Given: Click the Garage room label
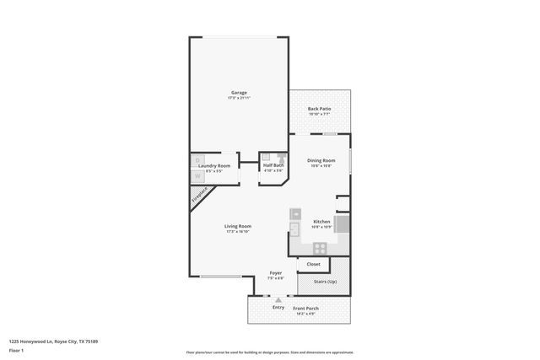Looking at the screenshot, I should click(239, 92).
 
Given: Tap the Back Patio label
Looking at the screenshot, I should click(318, 109).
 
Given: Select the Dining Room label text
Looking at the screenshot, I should click(321, 160).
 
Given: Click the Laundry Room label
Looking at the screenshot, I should click(213, 165).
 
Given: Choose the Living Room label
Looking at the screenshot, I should click(238, 226).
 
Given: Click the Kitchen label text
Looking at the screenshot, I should click(321, 221).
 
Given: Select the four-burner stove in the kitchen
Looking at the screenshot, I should click(321, 248).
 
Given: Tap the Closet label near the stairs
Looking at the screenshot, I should click(313, 264).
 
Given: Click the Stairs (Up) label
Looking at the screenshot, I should click(325, 282).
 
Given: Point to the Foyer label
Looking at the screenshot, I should click(275, 273).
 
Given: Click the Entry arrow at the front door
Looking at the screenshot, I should click(278, 299).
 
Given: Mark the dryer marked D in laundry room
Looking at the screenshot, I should click(198, 159).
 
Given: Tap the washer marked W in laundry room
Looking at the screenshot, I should click(198, 175).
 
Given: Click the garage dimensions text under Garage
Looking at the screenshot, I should click(239, 98).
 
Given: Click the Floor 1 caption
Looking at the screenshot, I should click(16, 349).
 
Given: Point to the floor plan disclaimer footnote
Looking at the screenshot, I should click(269, 352).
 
